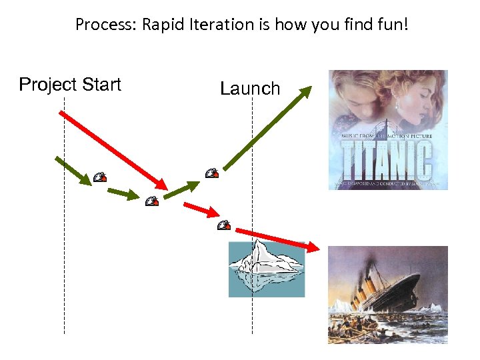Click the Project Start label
pos(70,85)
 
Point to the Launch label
pos(250,89)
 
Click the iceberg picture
pos(267,269)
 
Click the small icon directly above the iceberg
pos(224,225)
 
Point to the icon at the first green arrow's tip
pos(99,177)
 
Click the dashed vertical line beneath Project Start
pos(65,267)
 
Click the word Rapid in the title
pos(150,25)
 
